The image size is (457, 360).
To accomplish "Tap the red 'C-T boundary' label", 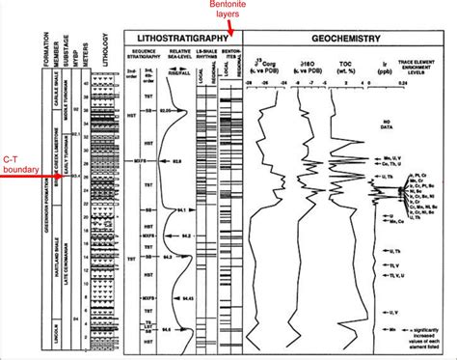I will pos(21,167).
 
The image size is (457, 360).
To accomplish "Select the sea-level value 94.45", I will pos(188,298).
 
